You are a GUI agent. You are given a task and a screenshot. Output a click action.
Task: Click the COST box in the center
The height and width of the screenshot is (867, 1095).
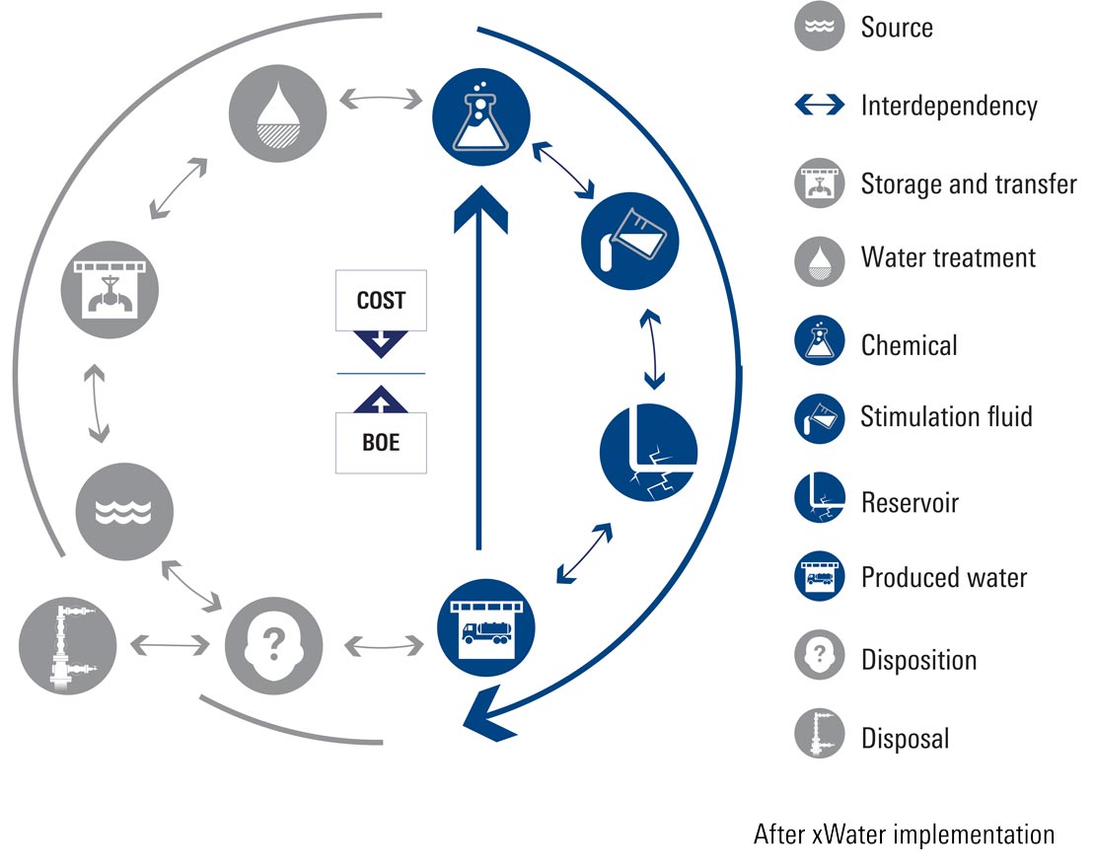point(381,300)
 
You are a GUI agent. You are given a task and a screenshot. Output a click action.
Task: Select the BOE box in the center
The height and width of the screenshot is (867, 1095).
point(381,442)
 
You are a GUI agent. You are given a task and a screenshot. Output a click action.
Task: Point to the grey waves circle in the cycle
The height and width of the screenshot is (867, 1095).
point(124,511)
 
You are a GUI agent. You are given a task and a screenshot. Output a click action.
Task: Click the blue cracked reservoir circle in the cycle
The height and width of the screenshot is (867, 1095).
point(648,454)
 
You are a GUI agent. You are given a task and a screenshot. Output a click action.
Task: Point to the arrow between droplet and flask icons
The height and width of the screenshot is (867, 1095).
point(379,100)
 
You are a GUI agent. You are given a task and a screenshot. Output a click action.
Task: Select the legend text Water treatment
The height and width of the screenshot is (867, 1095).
point(948,258)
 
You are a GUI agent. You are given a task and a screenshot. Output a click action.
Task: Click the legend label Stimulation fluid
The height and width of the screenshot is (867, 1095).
point(946,416)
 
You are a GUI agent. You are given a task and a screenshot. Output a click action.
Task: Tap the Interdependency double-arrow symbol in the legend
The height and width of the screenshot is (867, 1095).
point(819,105)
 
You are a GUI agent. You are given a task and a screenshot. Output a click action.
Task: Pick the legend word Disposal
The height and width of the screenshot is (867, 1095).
point(905,738)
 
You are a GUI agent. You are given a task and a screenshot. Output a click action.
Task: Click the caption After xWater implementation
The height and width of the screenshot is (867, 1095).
point(903,834)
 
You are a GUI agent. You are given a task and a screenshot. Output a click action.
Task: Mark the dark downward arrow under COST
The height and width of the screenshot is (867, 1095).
point(381,344)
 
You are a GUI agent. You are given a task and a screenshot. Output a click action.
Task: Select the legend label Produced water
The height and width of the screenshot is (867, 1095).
point(944,577)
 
